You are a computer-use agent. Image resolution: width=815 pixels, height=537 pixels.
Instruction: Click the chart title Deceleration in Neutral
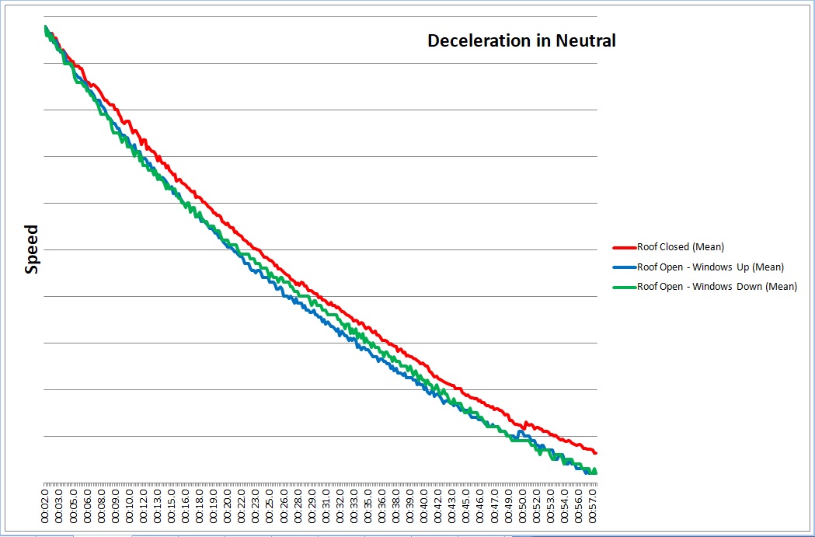[x=521, y=41]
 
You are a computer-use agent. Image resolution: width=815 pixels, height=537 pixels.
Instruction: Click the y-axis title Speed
[x=32, y=250]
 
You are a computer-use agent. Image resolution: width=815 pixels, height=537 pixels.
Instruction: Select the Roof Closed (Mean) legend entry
[x=680, y=247]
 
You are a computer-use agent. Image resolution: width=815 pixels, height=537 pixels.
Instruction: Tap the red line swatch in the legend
[x=625, y=248]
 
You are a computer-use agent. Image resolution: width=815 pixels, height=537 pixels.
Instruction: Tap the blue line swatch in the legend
[x=625, y=267]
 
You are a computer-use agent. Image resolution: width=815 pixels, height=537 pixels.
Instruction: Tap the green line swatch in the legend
[x=625, y=287]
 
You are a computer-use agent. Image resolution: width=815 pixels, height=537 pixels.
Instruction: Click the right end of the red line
[x=595, y=452]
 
